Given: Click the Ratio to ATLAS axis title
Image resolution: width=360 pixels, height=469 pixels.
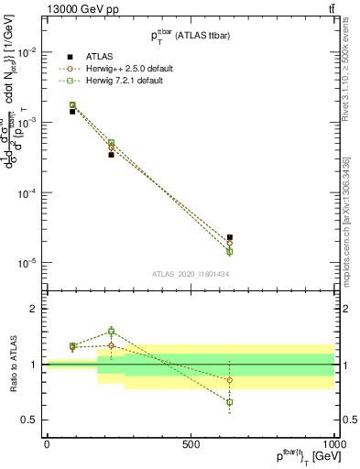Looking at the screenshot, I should [x=13, y=365].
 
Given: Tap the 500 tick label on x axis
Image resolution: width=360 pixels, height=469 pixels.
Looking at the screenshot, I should [x=191, y=444].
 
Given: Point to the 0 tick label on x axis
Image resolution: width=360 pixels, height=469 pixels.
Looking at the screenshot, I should [x=46, y=444].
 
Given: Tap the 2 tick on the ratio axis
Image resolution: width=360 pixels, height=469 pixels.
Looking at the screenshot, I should [x=32, y=309].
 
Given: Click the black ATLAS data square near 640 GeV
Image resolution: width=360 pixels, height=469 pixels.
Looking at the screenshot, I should [x=230, y=237].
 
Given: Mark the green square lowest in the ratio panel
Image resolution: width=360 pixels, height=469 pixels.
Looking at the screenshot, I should [x=230, y=402].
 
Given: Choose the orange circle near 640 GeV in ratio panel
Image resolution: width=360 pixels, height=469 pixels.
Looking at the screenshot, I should [x=230, y=380].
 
